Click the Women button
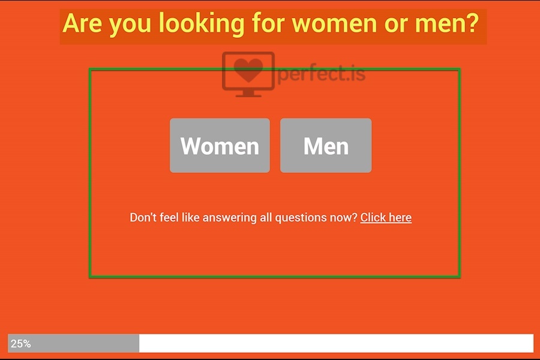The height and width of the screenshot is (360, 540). [220, 145]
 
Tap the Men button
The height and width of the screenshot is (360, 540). [326, 145]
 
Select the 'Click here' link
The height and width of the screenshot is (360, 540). [386, 217]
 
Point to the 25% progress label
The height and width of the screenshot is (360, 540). [20, 343]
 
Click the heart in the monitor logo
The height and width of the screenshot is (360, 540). [248, 70]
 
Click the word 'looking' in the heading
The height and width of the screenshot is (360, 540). [201, 24]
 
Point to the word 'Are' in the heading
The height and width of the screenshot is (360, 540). [82, 24]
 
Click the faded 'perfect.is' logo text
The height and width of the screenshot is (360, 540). [321, 74]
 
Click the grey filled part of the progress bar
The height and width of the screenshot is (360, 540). [73, 343]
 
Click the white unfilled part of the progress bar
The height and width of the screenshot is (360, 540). [336, 343]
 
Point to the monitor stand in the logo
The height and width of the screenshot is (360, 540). [248, 94]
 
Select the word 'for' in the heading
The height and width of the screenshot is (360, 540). [268, 23]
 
